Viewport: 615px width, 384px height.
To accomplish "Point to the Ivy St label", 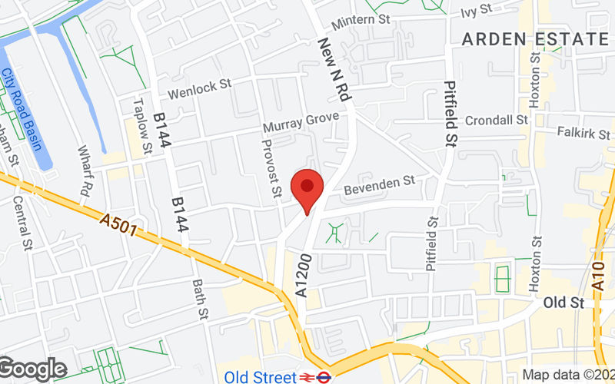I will click(476, 10).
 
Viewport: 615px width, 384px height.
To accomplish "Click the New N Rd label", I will click(334, 71).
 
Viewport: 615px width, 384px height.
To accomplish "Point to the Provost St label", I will click(273, 167).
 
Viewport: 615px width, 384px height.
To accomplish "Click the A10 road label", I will click(600, 272).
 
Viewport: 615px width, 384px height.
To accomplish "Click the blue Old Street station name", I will click(261, 377).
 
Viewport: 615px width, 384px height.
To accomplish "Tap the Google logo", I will click(33, 369).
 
